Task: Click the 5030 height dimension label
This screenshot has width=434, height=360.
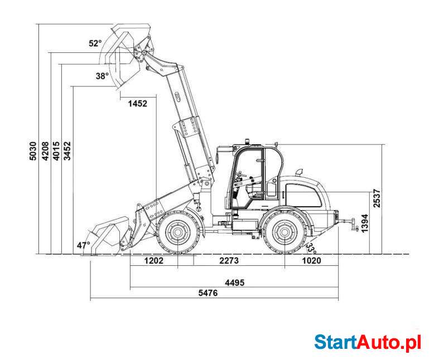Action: click(x=33, y=150)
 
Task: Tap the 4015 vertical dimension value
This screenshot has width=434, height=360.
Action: click(x=56, y=150)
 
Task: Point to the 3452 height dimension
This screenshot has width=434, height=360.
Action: click(x=67, y=150)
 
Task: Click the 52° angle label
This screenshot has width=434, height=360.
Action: click(x=95, y=43)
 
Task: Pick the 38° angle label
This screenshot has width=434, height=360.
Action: click(x=102, y=76)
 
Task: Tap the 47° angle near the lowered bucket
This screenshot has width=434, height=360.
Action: click(x=84, y=245)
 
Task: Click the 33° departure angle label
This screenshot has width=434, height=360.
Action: click(x=311, y=249)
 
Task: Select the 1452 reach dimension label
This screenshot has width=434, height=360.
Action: click(x=138, y=104)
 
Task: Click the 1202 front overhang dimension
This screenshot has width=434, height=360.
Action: click(x=154, y=260)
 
